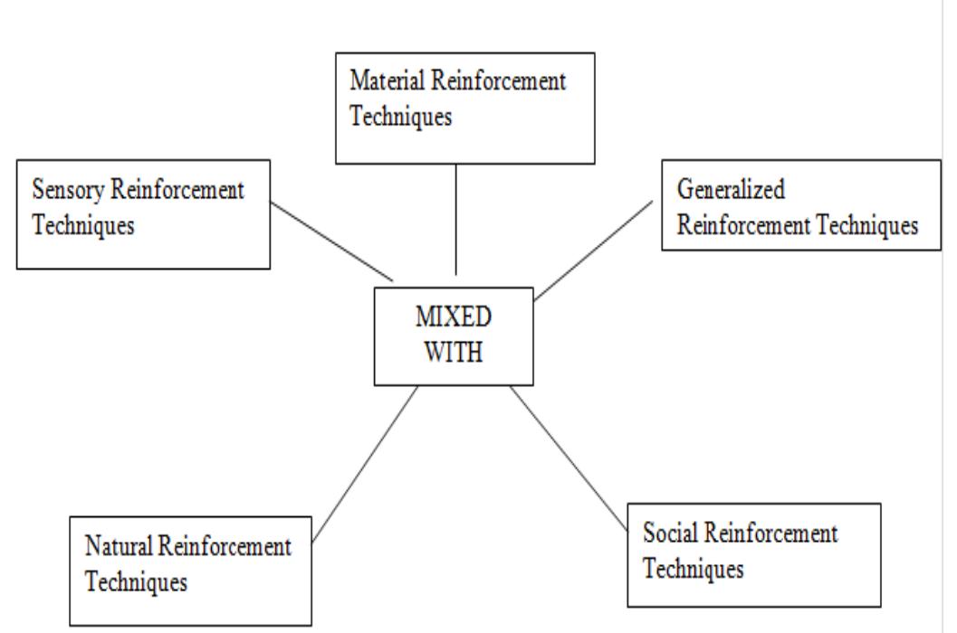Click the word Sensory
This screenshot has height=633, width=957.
tap(66, 191)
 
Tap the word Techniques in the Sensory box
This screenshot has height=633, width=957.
tap(83, 225)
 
